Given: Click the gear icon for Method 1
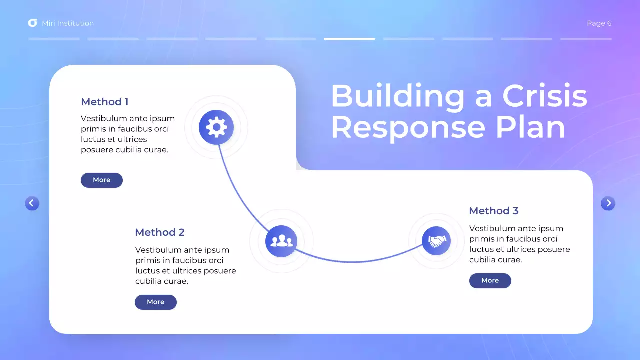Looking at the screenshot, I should [216, 127].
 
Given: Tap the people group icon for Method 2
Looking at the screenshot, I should [281, 241].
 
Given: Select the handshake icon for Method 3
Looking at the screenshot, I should [436, 241].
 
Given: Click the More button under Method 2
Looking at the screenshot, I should [156, 302].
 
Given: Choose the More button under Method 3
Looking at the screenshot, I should [490, 281].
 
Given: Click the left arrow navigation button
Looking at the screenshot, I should [32, 203].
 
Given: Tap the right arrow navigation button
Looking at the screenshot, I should [608, 203].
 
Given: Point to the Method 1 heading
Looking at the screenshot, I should [105, 102].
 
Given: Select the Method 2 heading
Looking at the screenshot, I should [160, 232].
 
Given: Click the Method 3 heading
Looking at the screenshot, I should [493, 211].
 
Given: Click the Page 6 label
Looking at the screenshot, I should [599, 23].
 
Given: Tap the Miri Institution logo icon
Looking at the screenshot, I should [33, 23].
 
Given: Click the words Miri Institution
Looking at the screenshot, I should [68, 23].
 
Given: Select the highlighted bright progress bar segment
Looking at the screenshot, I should [349, 39].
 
